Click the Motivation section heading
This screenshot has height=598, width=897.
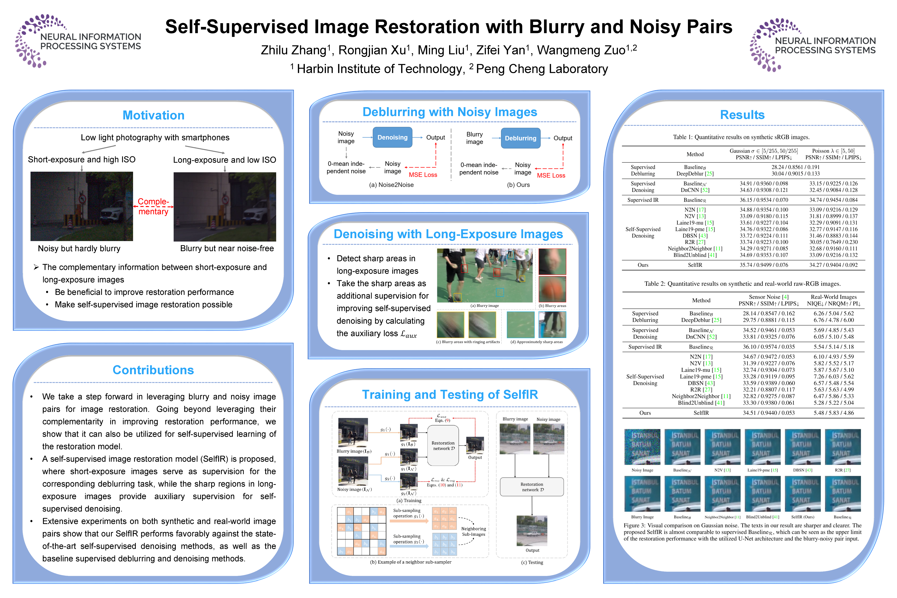point(153,115)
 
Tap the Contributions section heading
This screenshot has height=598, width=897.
point(153,370)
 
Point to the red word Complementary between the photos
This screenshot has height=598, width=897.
point(153,206)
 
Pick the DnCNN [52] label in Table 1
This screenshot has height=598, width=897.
point(695,190)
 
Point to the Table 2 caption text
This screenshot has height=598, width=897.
point(742,284)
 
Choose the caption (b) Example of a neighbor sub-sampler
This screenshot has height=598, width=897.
point(410,562)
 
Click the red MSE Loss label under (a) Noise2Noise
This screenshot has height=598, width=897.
point(423,175)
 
